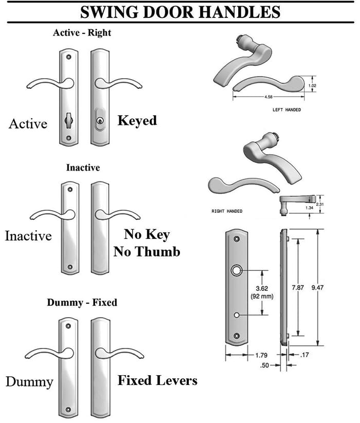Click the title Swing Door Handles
pos(179,11)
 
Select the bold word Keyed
pos(137,121)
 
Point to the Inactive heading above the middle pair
pos(83,168)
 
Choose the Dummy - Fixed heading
pos(82,302)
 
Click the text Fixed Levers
pos(157,381)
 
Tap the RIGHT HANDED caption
pos(227,211)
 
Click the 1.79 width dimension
pos(261,355)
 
